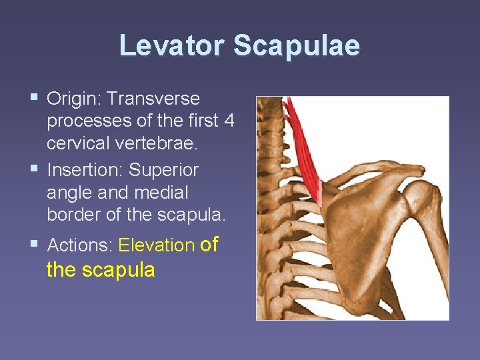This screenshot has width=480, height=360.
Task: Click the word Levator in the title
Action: pos(173,46)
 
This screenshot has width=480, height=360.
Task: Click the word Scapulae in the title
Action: pos(297,46)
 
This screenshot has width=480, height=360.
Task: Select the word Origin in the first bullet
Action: pos(73,99)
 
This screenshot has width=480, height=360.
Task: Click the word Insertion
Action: pos(85,170)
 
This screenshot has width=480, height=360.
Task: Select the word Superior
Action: pos(164,170)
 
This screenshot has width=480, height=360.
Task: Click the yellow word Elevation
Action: pos(156,245)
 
